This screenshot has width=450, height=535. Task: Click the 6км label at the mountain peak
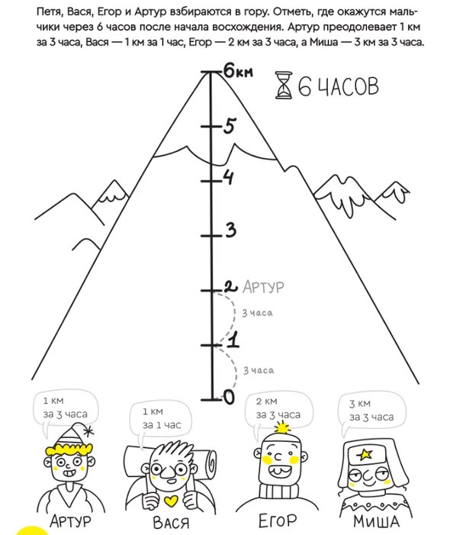pyautogui.click(x=238, y=72)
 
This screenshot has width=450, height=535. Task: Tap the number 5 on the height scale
pyautogui.click(x=230, y=126)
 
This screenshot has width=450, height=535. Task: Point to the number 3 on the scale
pyautogui.click(x=230, y=230)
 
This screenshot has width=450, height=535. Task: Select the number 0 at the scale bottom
pyautogui.click(x=229, y=397)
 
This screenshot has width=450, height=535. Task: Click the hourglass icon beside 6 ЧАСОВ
pyautogui.click(x=284, y=85)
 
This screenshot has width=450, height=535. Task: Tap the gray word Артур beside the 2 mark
pyautogui.click(x=263, y=287)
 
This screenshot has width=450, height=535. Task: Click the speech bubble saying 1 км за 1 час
pyautogui.click(x=161, y=421)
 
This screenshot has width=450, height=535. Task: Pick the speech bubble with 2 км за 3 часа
pyautogui.click(x=278, y=411)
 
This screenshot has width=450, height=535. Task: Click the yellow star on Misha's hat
pyautogui.click(x=365, y=454)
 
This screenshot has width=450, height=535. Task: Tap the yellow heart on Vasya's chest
pyautogui.click(x=171, y=501)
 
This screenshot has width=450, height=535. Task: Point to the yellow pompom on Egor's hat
pyautogui.click(x=281, y=428)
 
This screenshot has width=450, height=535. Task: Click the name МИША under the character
pyautogui.click(x=376, y=521)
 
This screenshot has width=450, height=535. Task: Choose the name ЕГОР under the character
pyautogui.click(x=278, y=520)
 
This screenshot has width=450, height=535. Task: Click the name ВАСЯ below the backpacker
pyautogui.click(x=170, y=522)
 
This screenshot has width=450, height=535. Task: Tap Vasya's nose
pyautogui.click(x=168, y=472)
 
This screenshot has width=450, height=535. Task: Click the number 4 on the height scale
pyautogui.click(x=229, y=177)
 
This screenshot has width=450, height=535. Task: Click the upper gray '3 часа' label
pyautogui.click(x=257, y=313)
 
